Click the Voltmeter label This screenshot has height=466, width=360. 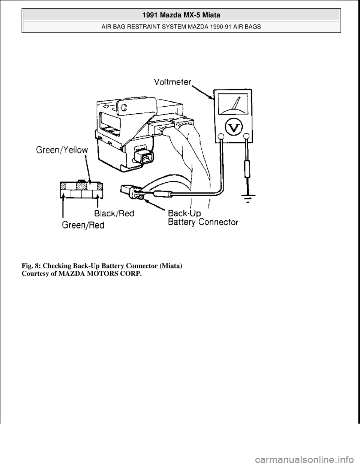tap(172, 82)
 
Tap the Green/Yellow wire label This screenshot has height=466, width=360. tap(62, 150)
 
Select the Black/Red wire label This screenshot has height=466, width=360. tap(114, 213)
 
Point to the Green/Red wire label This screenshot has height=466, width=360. tap(83, 225)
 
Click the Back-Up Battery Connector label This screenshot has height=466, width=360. tap(203, 218)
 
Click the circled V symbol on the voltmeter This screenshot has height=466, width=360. tap(234, 128)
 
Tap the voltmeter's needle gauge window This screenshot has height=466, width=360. tap(233, 104)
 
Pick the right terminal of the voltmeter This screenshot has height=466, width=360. tap(247, 136)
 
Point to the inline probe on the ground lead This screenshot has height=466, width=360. tap(247, 170)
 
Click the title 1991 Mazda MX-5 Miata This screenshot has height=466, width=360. tap(181, 15)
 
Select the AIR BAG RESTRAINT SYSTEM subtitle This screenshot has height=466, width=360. tap(181, 27)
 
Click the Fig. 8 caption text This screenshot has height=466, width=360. tap(102, 266)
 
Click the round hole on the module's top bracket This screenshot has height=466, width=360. tap(124, 107)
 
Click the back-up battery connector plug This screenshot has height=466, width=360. tap(131, 191)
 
